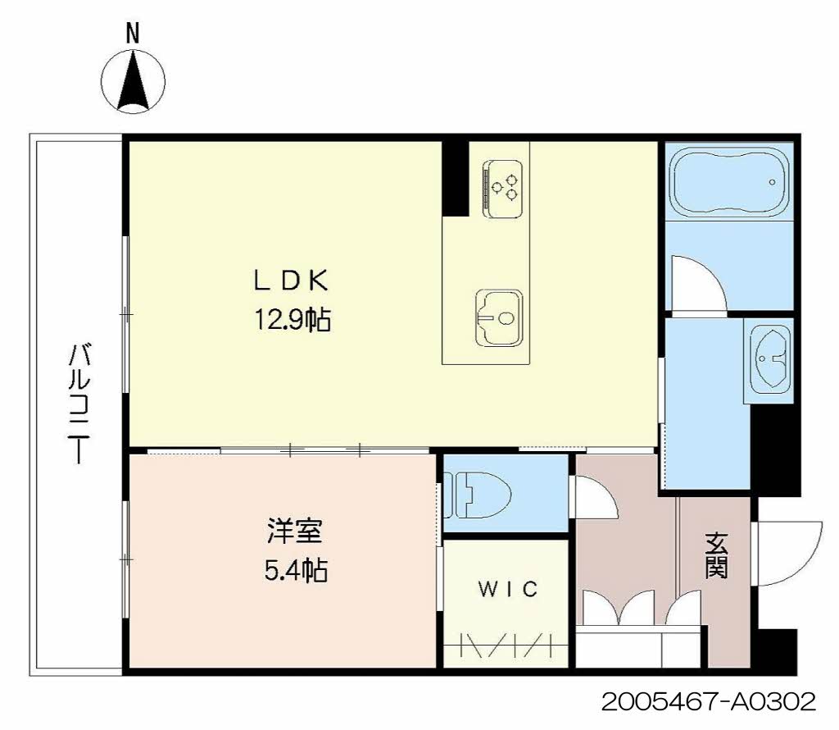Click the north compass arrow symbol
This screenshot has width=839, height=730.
[x=134, y=82]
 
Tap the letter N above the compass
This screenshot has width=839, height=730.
[x=133, y=34]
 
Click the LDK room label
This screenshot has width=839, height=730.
[x=291, y=281]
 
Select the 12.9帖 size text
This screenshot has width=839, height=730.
[x=293, y=320]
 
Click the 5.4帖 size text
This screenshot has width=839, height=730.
[x=296, y=570]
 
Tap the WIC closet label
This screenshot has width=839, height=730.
[x=507, y=589]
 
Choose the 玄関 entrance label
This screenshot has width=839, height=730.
[x=716, y=555]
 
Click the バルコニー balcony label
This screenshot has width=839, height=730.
[x=79, y=404]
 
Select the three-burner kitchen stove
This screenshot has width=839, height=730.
[x=502, y=189]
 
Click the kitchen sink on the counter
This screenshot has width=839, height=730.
[x=499, y=318]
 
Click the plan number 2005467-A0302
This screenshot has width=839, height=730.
[x=709, y=701]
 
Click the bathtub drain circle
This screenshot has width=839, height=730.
[x=772, y=182]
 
